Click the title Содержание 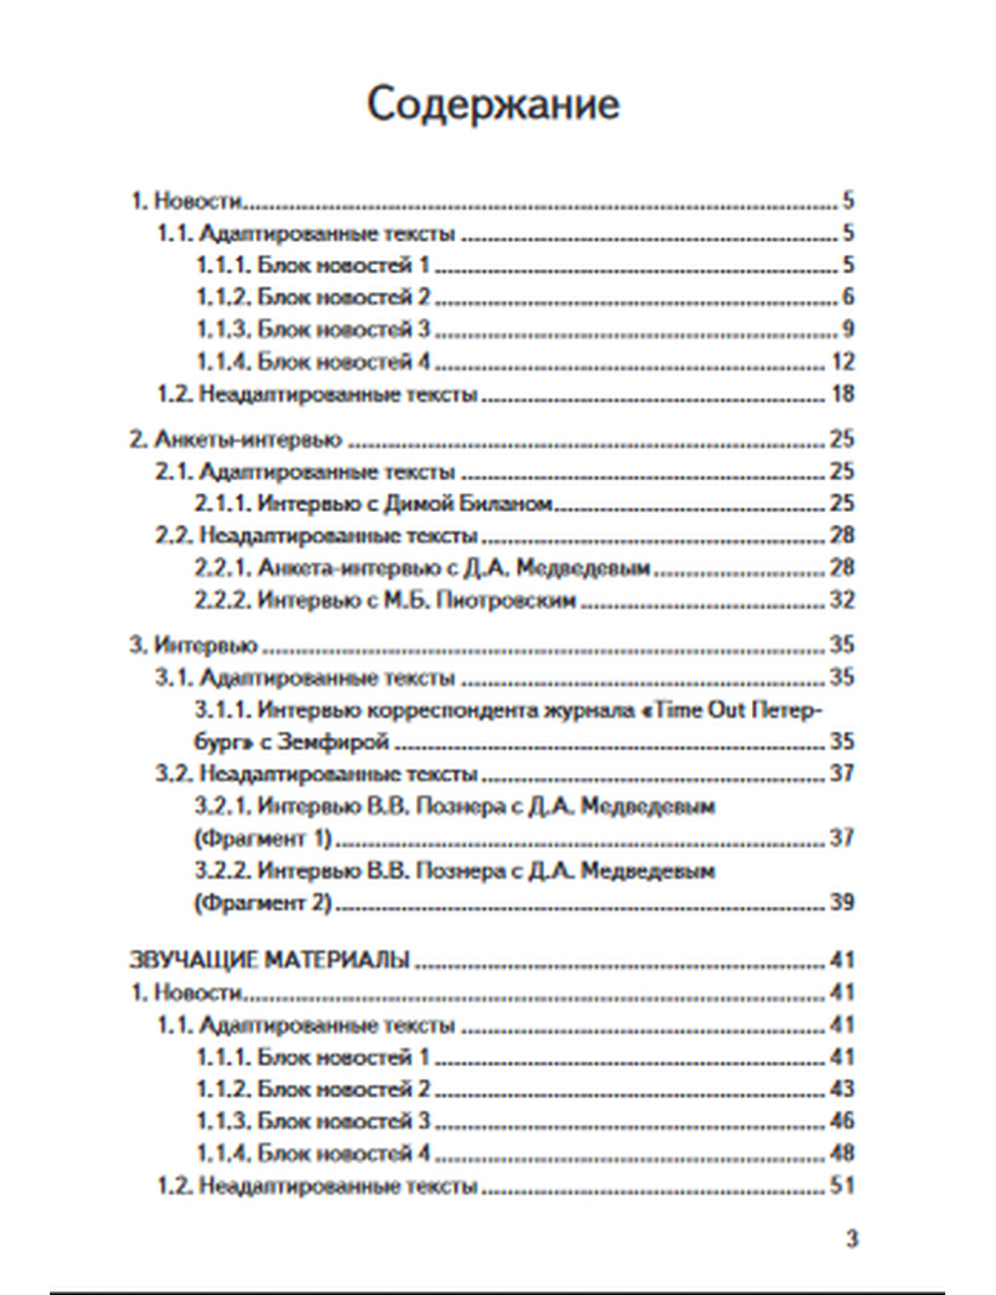coord(493,104)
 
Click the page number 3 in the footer coord(852,1239)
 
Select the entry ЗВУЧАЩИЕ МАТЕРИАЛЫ coord(270,960)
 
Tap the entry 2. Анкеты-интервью coord(236,439)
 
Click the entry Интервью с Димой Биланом coord(403,504)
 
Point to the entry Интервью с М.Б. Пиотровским coord(416,601)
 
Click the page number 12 coord(842,362)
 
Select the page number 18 coord(842,394)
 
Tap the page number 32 coord(842,601)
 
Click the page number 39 coord(842,903)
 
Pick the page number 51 coord(842,1186)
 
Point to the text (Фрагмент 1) coord(263,838)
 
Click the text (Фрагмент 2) coord(263,903)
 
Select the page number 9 coord(848,330)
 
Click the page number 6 coord(848,297)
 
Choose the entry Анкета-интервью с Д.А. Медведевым coord(453,569)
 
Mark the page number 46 coord(842,1122)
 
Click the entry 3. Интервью coord(194,646)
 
